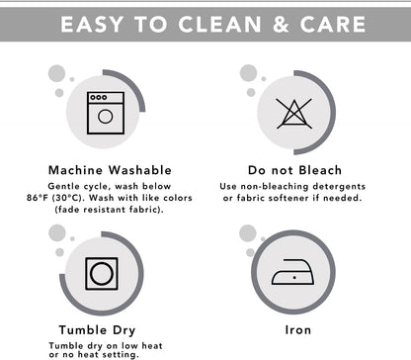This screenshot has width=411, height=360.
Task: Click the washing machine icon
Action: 106,113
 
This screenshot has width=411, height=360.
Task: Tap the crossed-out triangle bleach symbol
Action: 294,114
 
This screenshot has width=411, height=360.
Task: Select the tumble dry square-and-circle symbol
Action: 102,274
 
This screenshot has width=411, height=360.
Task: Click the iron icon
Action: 292,272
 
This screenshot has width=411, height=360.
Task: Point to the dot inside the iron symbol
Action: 294,278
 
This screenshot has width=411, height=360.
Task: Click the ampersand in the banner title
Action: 281,25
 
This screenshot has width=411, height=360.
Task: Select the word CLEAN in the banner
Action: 219,25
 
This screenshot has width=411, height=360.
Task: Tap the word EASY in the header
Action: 92,25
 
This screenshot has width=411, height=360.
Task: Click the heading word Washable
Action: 140,170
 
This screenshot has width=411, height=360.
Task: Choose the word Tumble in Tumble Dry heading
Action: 83,330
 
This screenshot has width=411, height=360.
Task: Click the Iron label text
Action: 298,330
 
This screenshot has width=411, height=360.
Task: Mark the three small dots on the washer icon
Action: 99,97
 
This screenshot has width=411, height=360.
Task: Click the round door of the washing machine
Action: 106,117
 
